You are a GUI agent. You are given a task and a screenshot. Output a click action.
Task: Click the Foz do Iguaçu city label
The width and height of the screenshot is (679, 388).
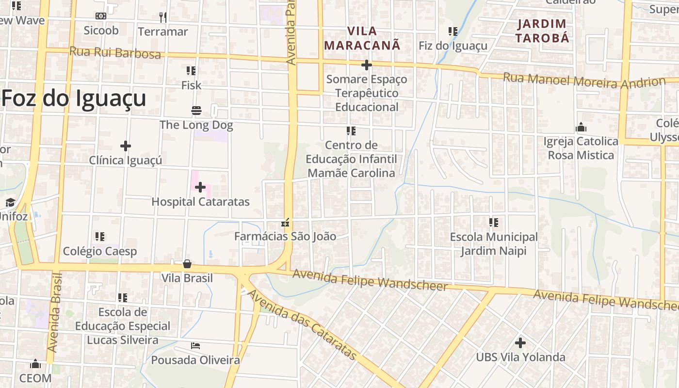click(74, 98)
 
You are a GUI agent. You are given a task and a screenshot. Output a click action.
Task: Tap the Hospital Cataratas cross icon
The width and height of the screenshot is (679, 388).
click(200, 187)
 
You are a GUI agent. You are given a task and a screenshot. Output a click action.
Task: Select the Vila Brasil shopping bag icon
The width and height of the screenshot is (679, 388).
click(187, 264)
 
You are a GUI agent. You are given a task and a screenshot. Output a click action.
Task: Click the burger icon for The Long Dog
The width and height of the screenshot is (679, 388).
click(196, 111)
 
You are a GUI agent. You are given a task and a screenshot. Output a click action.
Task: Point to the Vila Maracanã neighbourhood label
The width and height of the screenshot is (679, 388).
click(362, 38)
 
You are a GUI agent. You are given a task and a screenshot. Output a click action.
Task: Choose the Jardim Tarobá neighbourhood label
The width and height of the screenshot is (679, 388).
click(542, 31)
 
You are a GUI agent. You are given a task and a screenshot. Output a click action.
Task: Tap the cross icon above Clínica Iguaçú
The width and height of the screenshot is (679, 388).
click(126, 145)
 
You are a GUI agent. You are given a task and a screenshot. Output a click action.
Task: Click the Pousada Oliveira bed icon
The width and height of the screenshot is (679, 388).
click(195, 346)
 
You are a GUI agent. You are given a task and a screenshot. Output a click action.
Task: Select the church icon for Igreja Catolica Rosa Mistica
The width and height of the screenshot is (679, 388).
click(581, 128)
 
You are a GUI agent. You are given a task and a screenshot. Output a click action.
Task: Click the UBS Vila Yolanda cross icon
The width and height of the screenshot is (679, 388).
click(520, 343)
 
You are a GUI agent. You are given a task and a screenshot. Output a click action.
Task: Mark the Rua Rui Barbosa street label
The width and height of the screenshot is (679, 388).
click(115, 52)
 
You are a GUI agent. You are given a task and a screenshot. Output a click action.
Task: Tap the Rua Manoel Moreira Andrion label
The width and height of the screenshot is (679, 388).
click(584, 81)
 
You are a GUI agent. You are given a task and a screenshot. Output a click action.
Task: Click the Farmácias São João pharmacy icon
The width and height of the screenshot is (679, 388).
click(285, 223)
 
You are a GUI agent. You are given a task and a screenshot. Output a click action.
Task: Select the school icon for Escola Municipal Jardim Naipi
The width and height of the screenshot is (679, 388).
click(494, 223)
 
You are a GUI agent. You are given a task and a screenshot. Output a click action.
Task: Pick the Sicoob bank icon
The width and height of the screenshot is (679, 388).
click(101, 16)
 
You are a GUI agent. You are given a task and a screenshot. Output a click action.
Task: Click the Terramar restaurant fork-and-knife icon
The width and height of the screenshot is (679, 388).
click(163, 17)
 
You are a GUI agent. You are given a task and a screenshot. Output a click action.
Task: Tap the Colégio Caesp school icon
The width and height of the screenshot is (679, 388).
click(100, 237)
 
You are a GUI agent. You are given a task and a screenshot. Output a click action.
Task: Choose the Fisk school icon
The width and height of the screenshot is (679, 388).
click(191, 71)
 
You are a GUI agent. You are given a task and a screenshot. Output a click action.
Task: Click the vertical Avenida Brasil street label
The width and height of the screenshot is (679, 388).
click(55, 313)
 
